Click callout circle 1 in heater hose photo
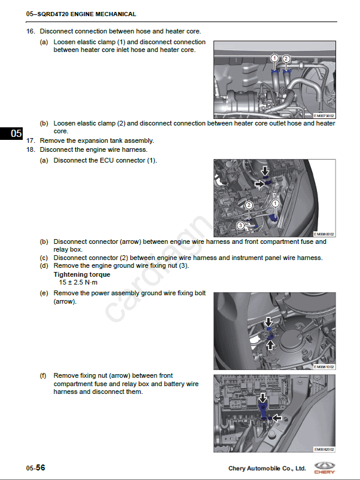pos(274,58)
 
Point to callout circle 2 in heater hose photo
pos(286,58)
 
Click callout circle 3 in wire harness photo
pos(240,225)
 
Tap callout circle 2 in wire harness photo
pos(249,205)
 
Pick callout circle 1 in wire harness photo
pos(275,203)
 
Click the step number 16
pos(30,30)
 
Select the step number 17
pos(30,140)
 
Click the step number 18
pos(30,149)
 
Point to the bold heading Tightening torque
pos(81,274)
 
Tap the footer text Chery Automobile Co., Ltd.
pos(267,468)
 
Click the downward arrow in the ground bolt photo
pos(269,322)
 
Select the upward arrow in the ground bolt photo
pos(269,345)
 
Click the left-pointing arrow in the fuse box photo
pos(277,418)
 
